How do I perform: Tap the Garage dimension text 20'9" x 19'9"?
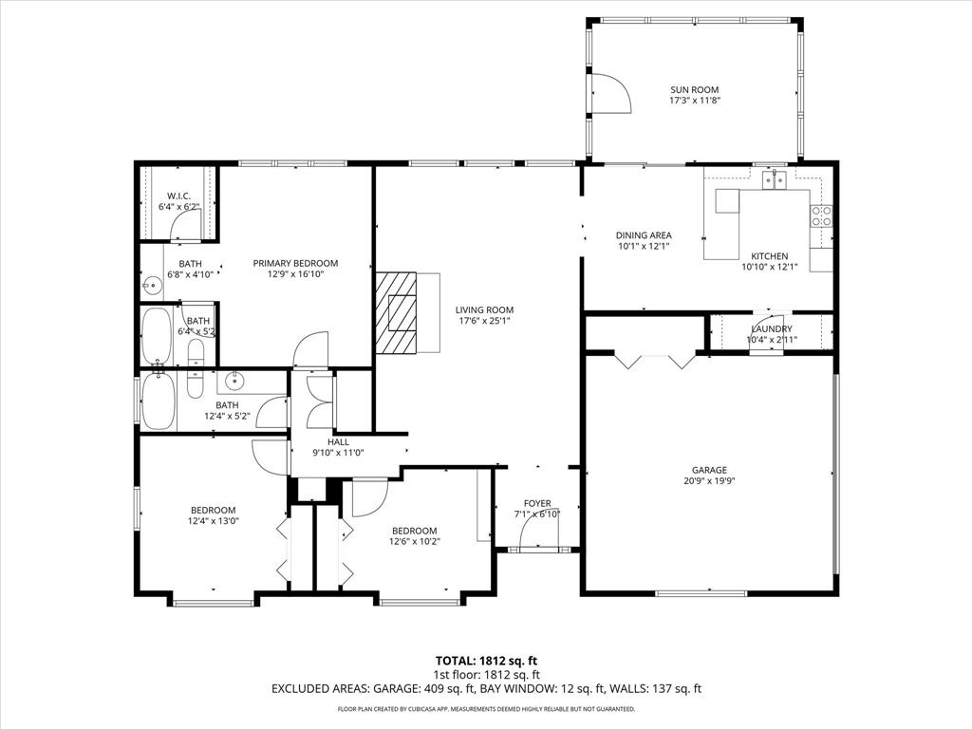(x=709, y=480)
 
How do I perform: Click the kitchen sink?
(x=776, y=180)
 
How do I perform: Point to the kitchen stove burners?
(x=822, y=215)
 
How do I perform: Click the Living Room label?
(x=484, y=309)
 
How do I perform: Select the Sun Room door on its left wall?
(x=607, y=94)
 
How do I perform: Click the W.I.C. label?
(x=179, y=196)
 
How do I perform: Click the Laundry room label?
(x=771, y=328)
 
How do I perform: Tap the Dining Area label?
(x=645, y=235)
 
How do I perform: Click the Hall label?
(x=339, y=442)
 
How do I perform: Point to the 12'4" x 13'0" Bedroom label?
(x=213, y=510)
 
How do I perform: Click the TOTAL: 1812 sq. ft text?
(x=486, y=661)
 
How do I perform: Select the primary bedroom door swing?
(x=311, y=349)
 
